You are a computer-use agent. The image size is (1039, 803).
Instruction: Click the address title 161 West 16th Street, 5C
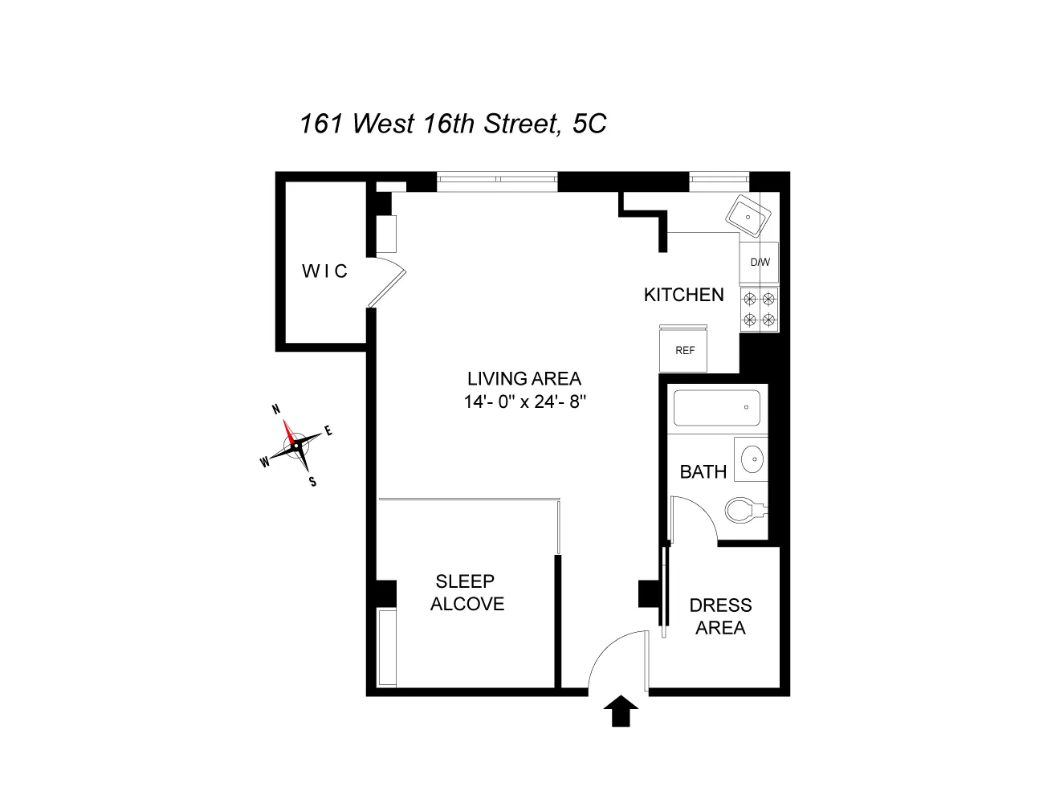pos(453,124)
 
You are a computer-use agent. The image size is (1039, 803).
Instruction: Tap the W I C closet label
pos(324,271)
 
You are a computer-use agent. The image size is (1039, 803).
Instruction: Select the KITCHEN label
pos(683,295)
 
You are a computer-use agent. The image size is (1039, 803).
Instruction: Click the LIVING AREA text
pos(524,379)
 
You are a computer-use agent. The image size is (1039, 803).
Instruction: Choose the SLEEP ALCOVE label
pos(467,593)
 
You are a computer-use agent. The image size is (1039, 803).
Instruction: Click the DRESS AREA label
pos(720,616)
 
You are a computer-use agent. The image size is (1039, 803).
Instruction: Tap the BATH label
pos(703,471)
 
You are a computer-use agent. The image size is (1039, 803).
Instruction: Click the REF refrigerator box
pos(684,351)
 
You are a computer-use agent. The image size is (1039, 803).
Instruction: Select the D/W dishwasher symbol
pos(760,263)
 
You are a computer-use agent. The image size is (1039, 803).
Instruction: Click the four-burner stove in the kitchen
pos(760,310)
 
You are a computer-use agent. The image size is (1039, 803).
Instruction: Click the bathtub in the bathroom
pos(716,409)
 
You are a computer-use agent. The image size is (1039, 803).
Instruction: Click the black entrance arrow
pos(620,711)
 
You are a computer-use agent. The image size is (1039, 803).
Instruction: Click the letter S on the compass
pos(312,482)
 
